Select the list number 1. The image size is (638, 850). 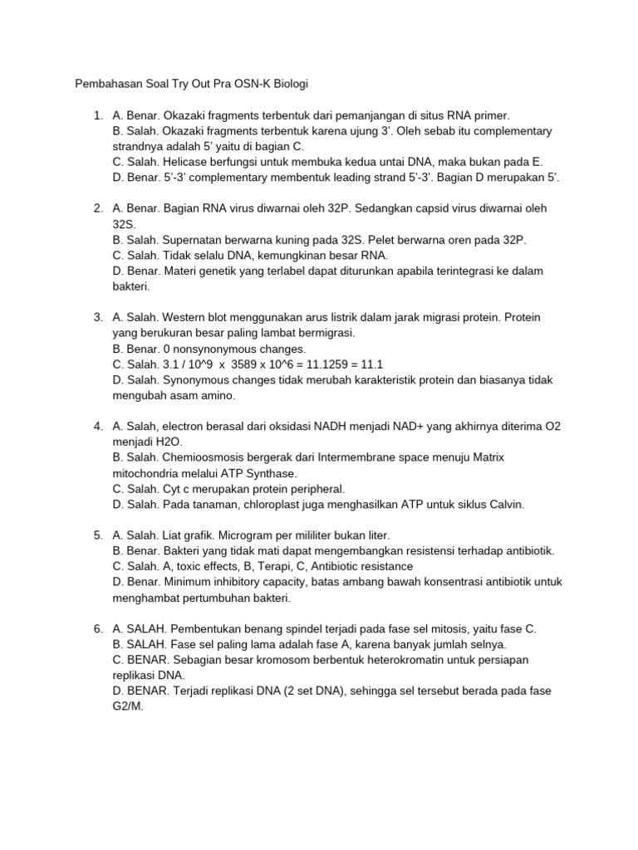97,115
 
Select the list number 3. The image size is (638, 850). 97,317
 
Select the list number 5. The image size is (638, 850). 97,535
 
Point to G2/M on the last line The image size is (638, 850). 128,707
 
